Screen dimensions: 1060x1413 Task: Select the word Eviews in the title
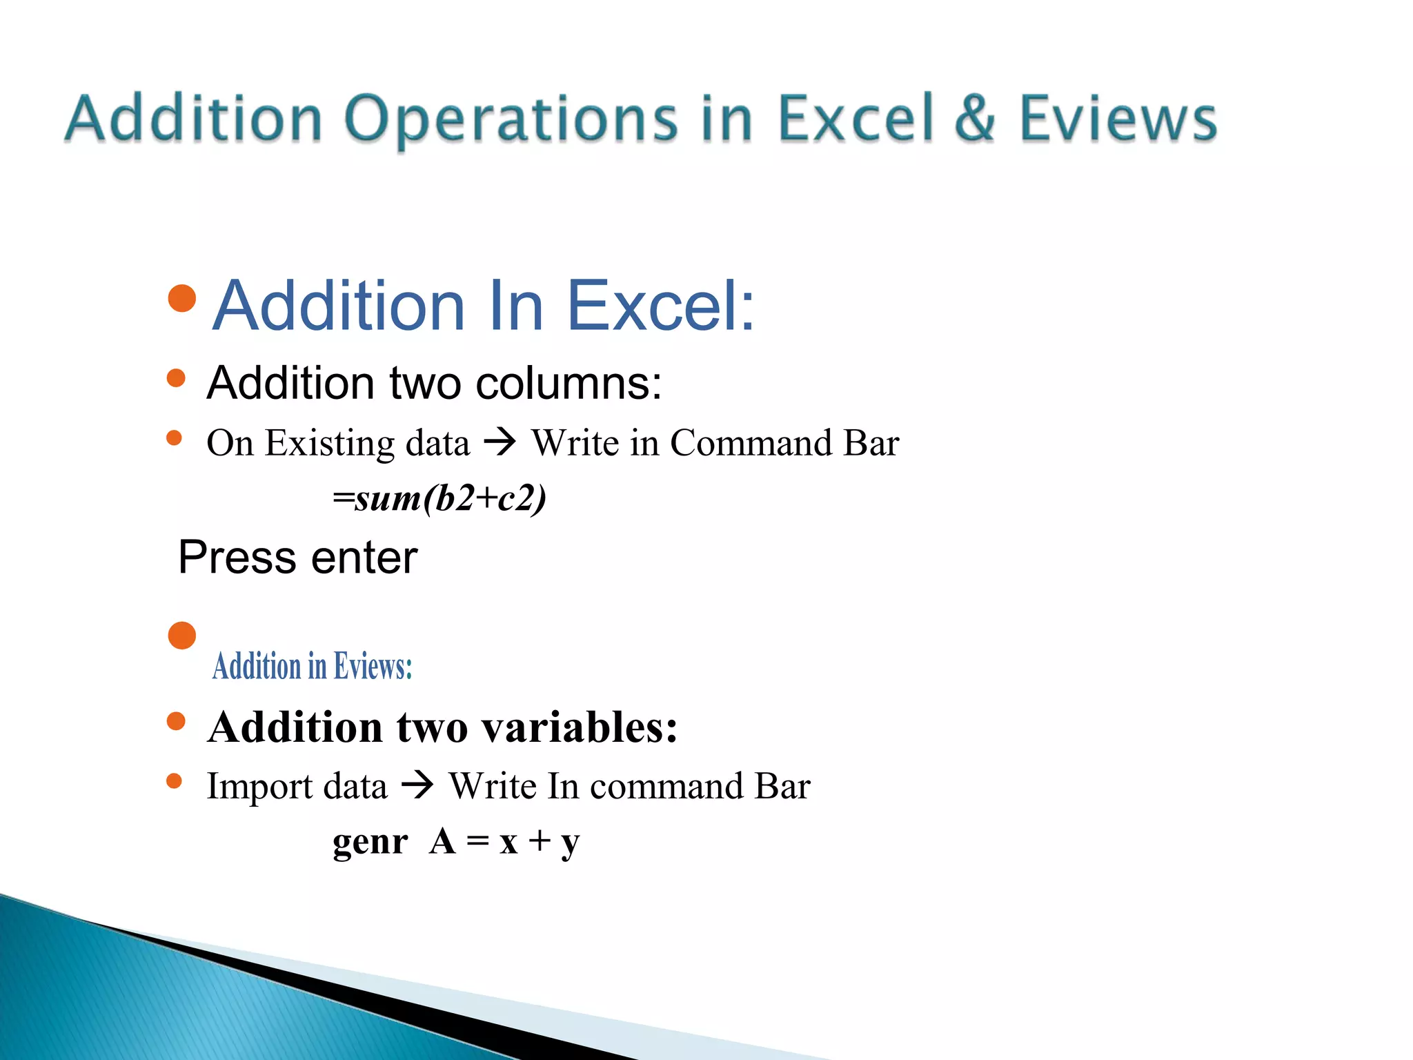(x=1118, y=119)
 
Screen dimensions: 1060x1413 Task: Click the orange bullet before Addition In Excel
(x=182, y=298)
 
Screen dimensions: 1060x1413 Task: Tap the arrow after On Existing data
(x=500, y=442)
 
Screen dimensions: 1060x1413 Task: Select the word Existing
(x=329, y=444)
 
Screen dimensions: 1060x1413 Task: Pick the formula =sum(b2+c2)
(x=439, y=498)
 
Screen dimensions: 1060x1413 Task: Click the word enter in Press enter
(x=364, y=558)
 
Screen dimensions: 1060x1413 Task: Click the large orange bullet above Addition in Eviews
(x=182, y=635)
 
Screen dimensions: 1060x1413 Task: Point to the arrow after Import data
(x=417, y=786)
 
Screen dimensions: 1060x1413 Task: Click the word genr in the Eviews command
(x=370, y=843)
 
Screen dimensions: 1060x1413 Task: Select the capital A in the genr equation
(x=442, y=841)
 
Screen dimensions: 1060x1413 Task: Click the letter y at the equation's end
(x=570, y=844)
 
